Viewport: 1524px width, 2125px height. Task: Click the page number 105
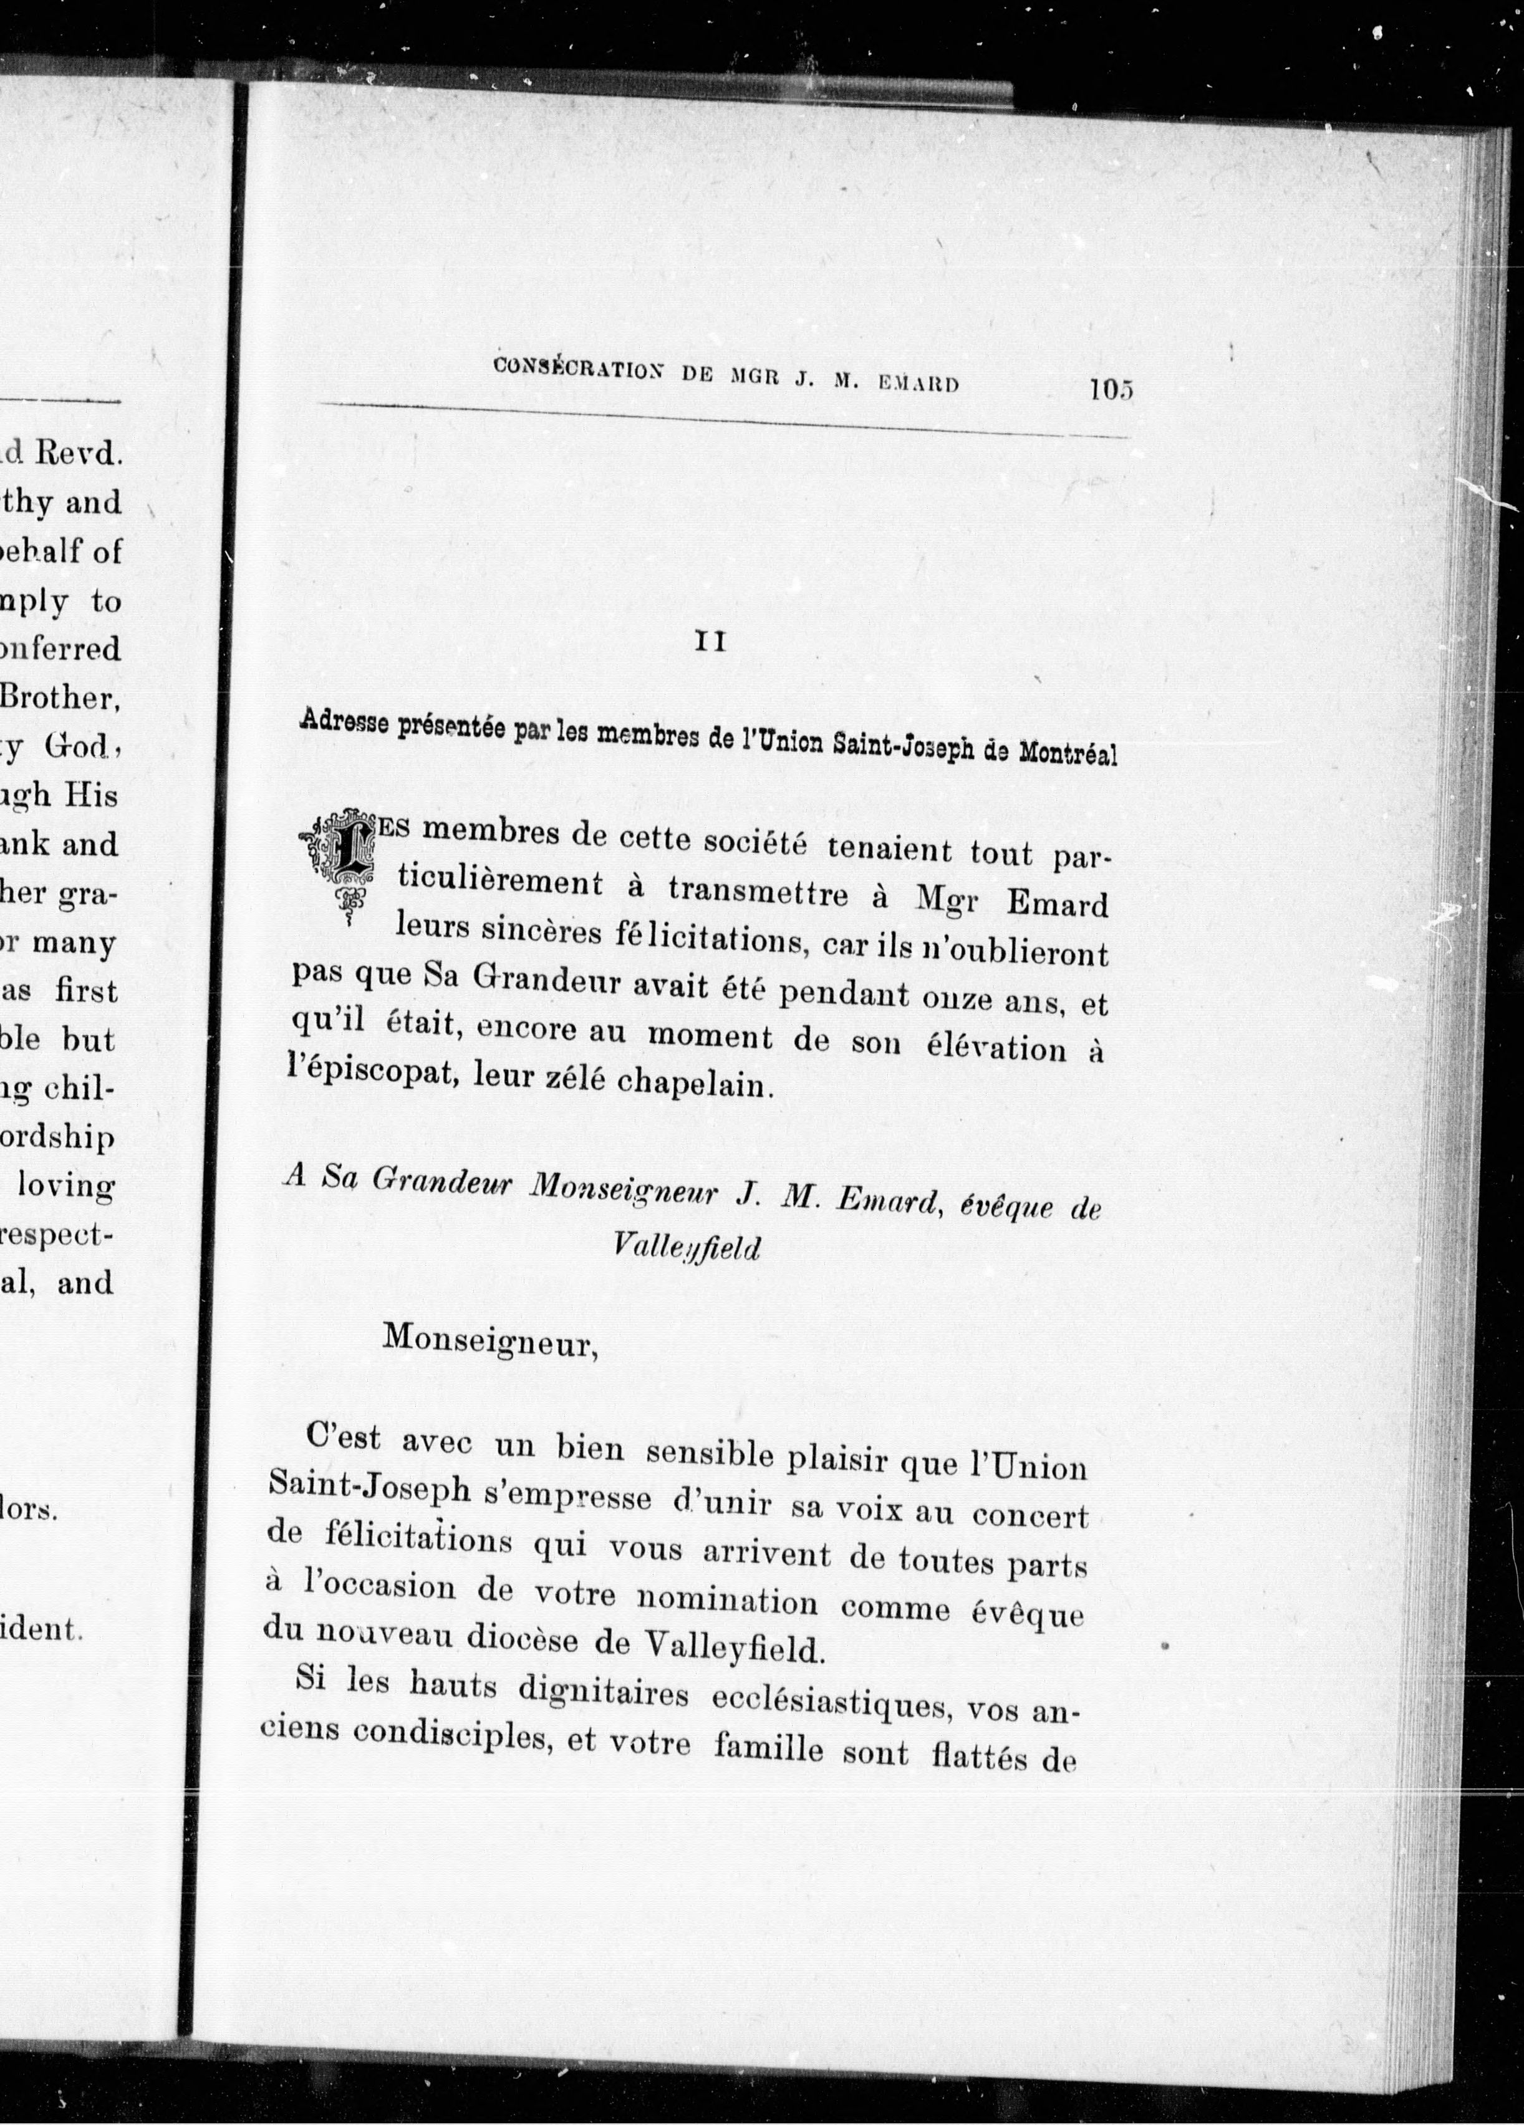tap(1112, 389)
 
